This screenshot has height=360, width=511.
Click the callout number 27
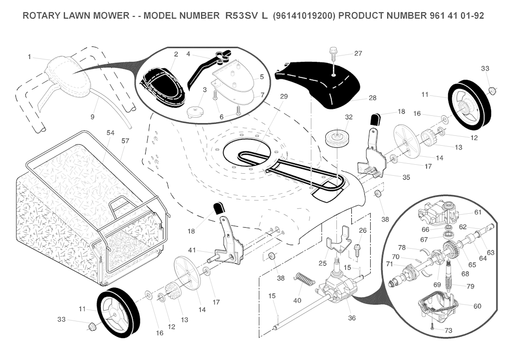(358, 53)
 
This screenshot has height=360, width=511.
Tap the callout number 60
(477, 306)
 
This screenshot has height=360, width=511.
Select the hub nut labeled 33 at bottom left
(91, 327)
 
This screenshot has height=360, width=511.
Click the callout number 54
(111, 133)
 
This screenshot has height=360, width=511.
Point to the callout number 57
(125, 141)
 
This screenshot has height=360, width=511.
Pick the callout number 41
(192, 250)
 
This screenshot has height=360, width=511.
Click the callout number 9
(92, 117)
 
